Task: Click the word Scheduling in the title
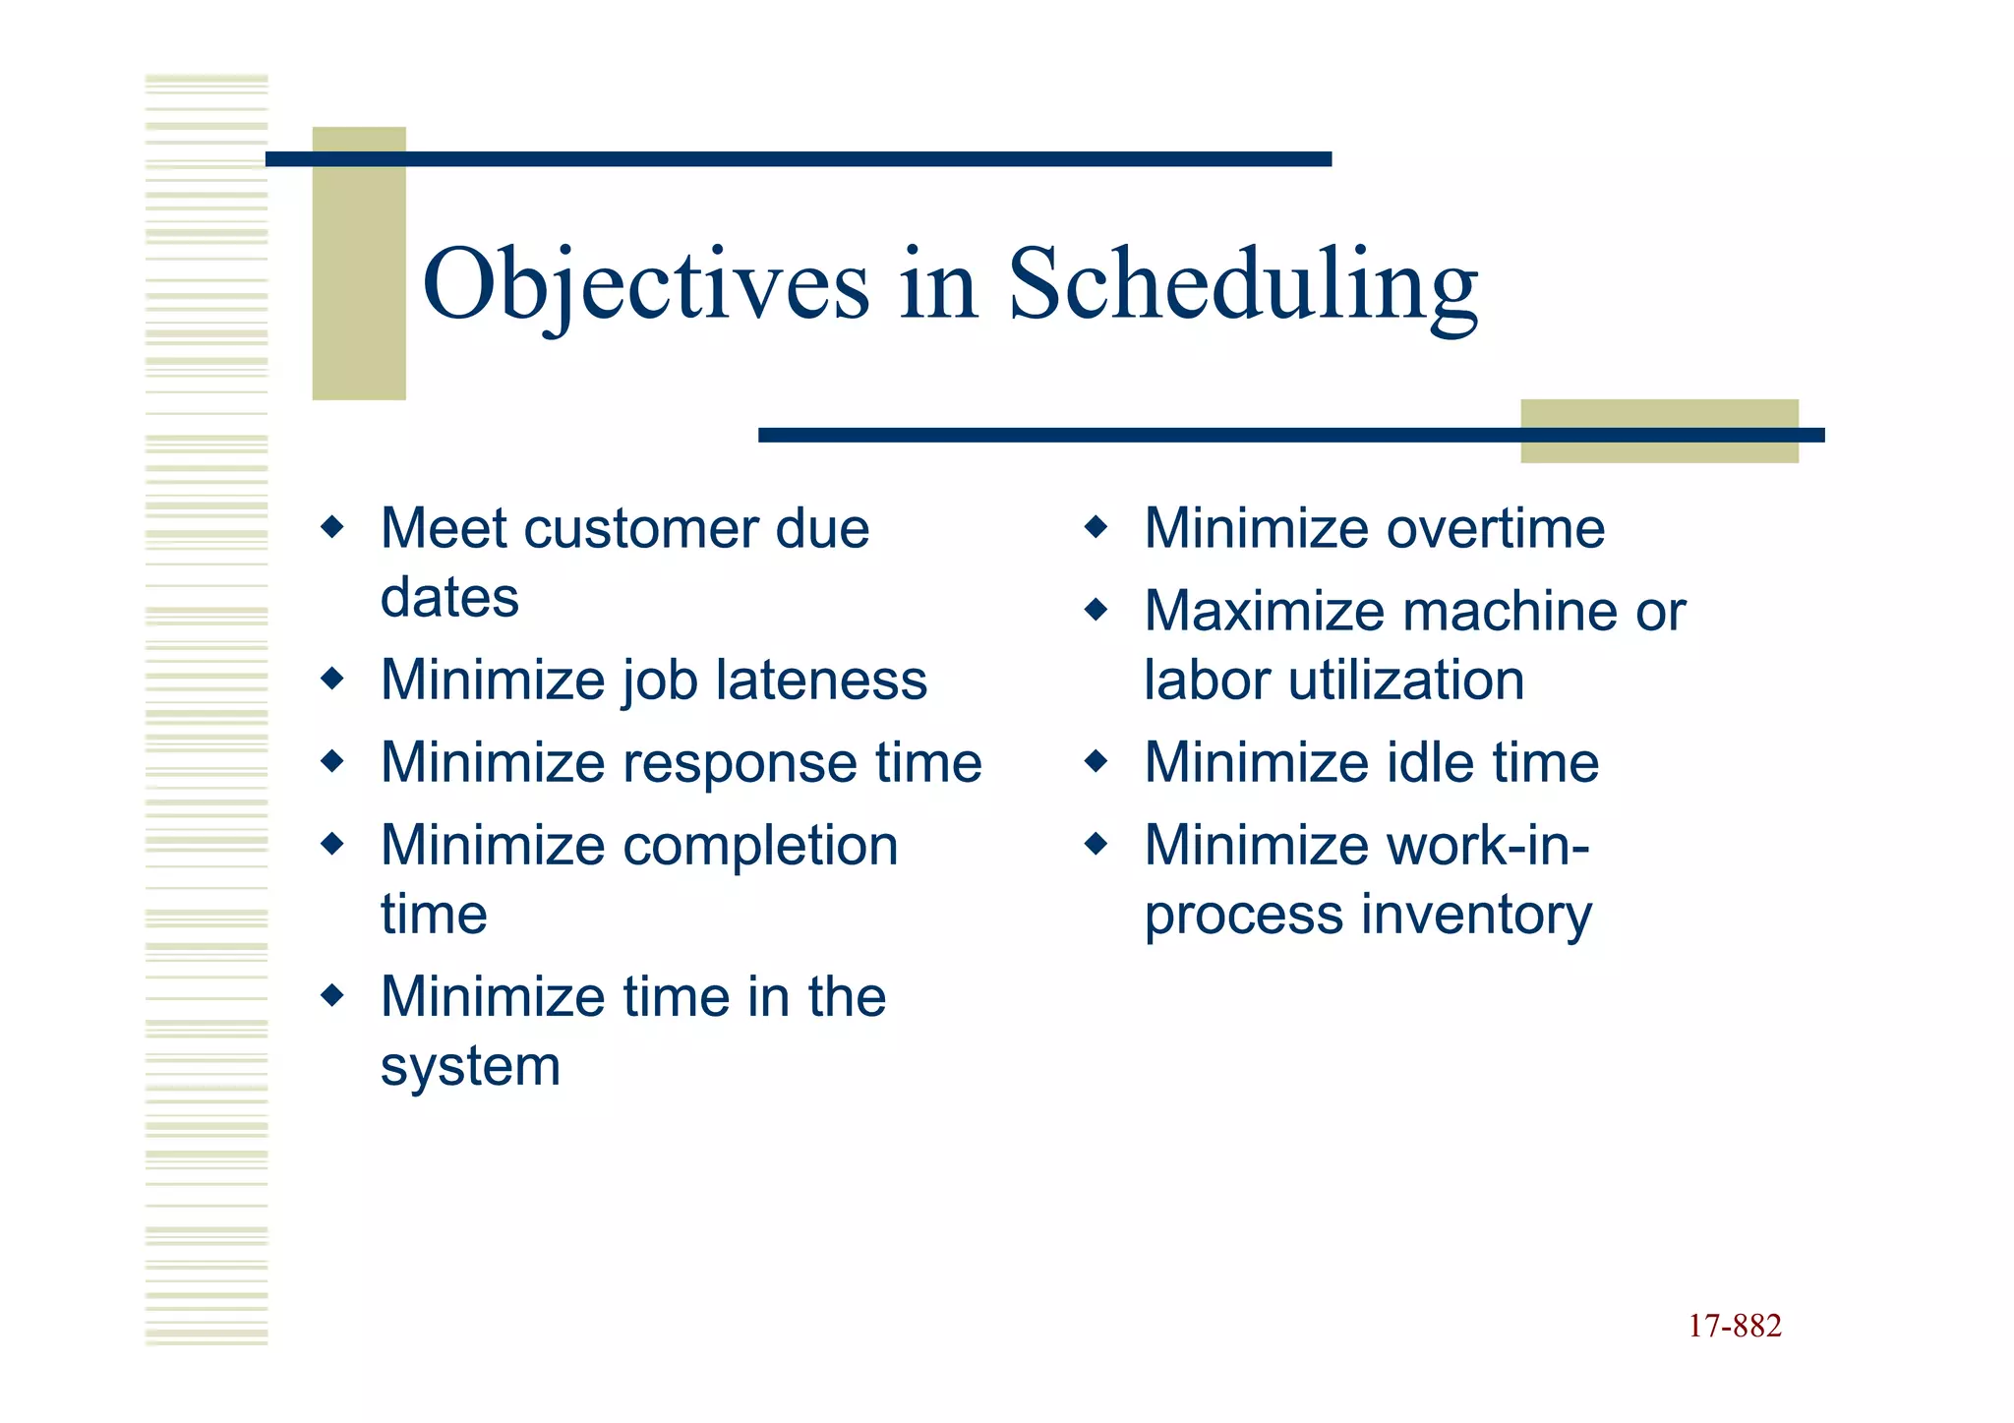(1242, 285)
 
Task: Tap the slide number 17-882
(1734, 1326)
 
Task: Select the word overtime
(1500, 529)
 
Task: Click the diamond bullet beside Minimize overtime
(1096, 528)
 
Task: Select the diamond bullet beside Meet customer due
(332, 528)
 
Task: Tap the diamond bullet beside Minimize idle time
(1096, 761)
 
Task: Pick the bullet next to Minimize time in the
(332, 995)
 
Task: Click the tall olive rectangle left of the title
(359, 264)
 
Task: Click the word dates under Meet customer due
(449, 598)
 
